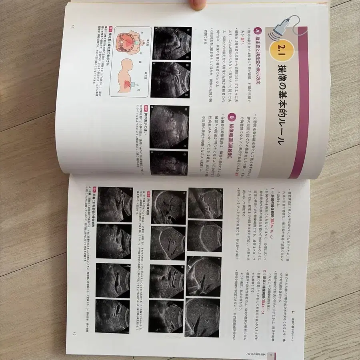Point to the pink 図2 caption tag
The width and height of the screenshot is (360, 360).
[146, 108]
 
